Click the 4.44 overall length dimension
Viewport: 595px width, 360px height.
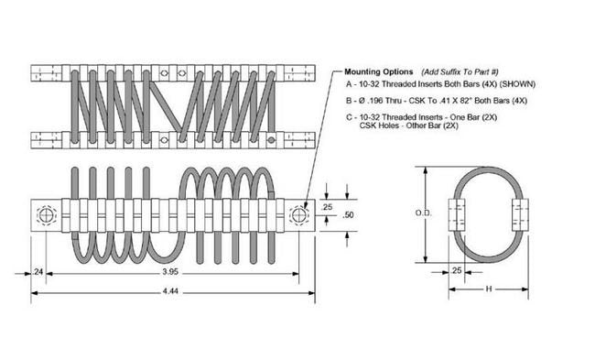tap(170, 291)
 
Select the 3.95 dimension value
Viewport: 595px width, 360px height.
tap(170, 272)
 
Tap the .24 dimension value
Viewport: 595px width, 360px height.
tap(38, 272)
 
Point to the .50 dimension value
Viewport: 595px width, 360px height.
tap(348, 215)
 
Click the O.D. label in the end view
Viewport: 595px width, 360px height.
tap(423, 213)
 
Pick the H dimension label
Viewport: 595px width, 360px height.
tap(489, 289)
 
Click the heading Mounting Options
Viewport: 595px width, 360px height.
tap(378, 71)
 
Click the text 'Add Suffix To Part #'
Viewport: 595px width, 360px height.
tap(460, 71)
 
